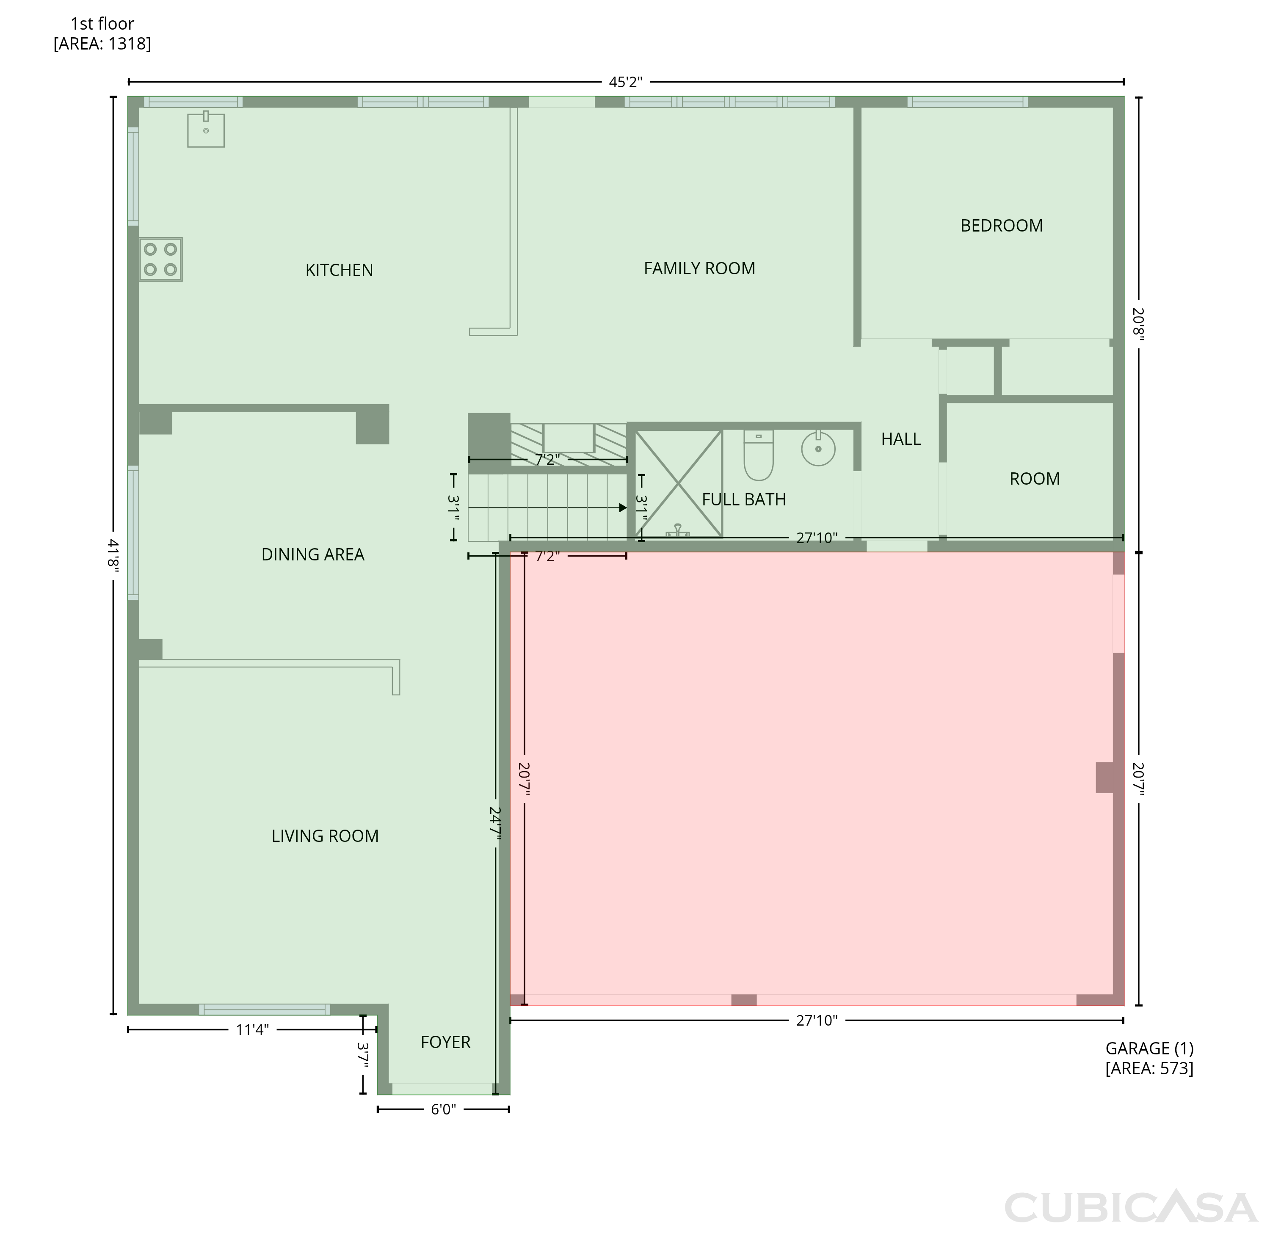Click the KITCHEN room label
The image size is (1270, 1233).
[x=339, y=270]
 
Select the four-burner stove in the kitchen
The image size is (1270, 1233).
[x=161, y=259]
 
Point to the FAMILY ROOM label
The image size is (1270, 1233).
[x=699, y=268]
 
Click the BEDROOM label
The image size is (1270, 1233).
[x=1001, y=226]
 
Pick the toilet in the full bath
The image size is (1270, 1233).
[x=759, y=455]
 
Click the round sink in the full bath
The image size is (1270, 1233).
[x=818, y=448]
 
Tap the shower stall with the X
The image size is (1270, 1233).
[x=679, y=483]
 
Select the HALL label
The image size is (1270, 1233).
[x=901, y=439]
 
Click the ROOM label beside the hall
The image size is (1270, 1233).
[x=1035, y=479]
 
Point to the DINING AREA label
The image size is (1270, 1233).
[x=312, y=554]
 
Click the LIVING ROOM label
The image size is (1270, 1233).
[x=325, y=836]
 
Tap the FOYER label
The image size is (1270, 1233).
[x=445, y=1042]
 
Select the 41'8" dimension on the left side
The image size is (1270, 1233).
[x=113, y=556]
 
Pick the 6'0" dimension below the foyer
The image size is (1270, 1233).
[x=443, y=1109]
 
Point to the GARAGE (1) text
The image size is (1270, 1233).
[x=1149, y=1048]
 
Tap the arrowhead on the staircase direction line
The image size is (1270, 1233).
[x=623, y=508]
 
